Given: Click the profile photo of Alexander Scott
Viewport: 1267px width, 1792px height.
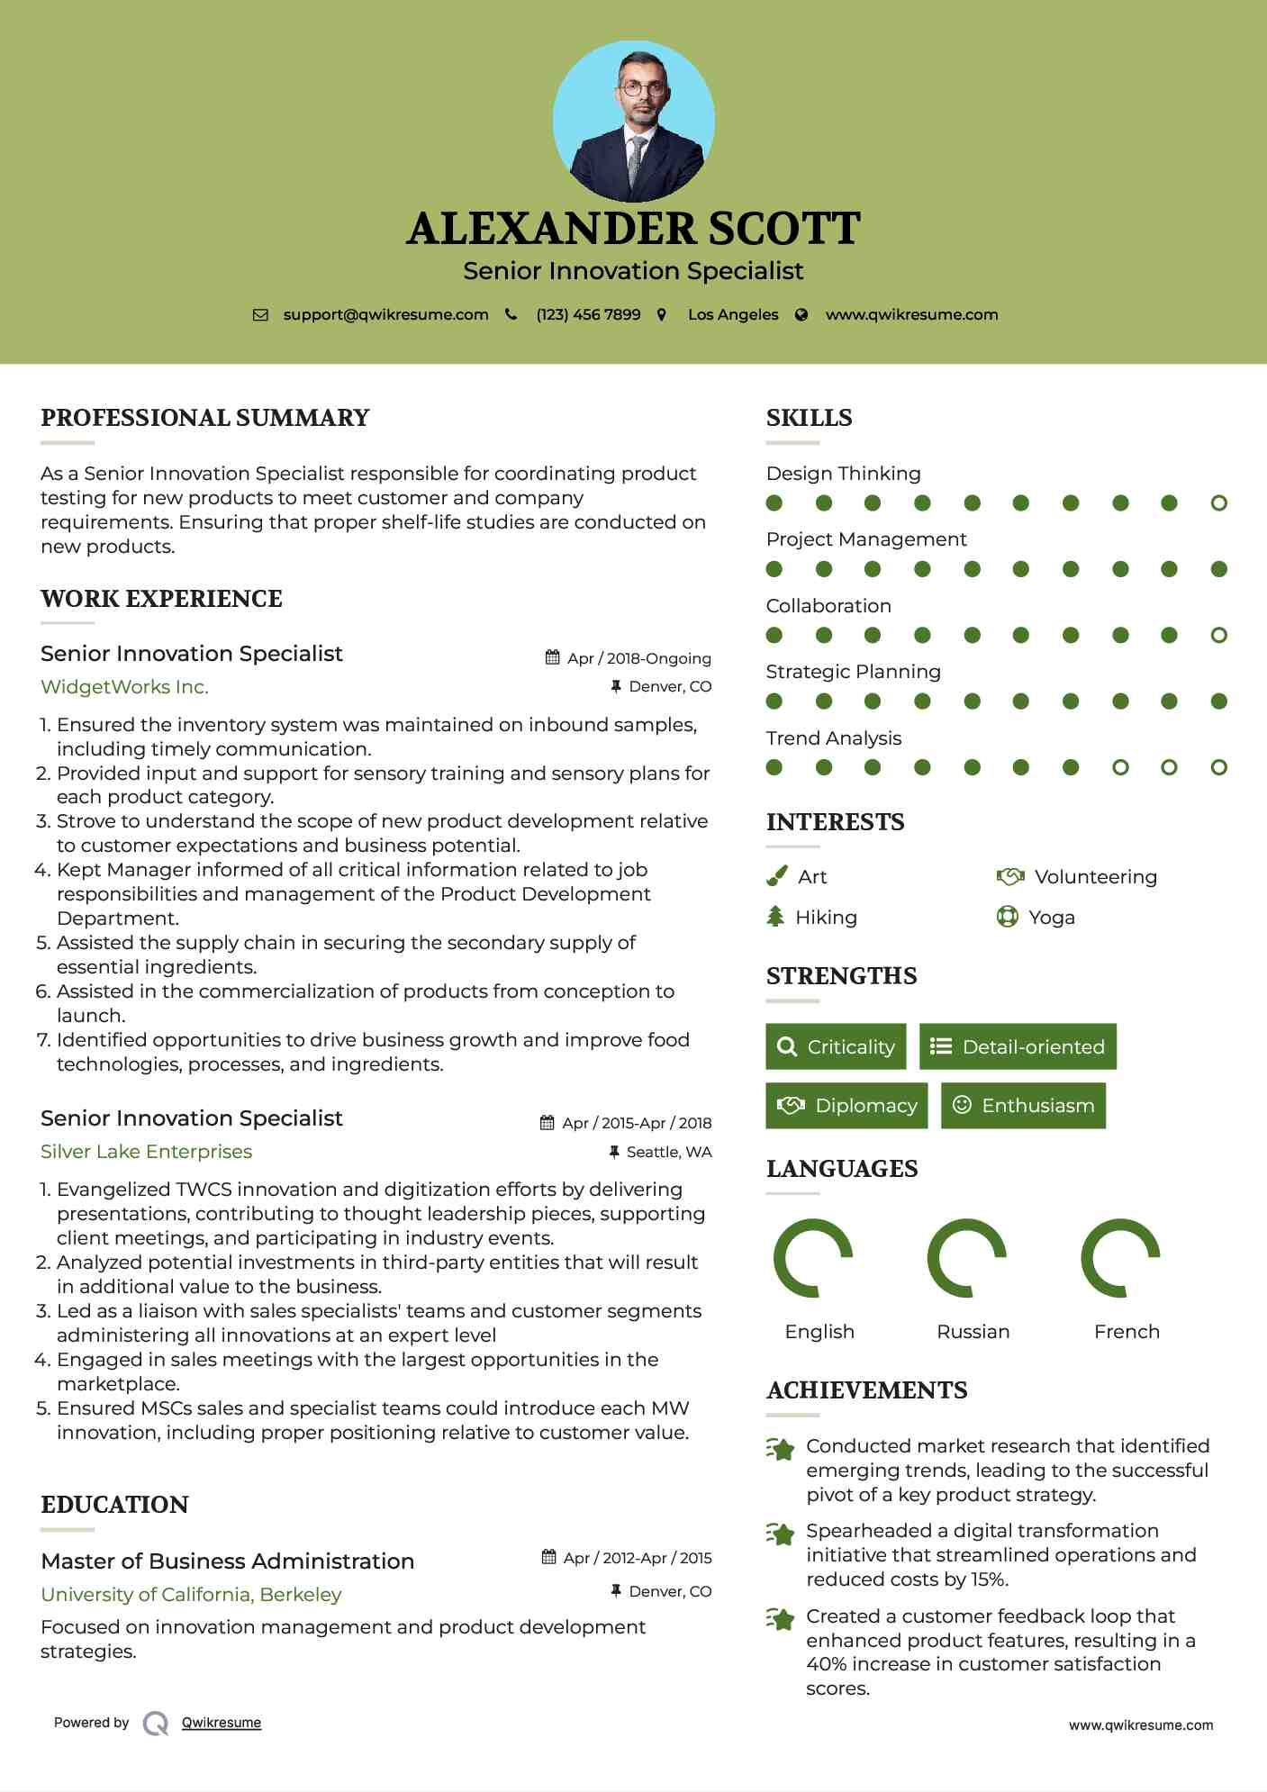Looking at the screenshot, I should click(x=633, y=121).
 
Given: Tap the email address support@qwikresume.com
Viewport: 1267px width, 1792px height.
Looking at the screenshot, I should click(x=385, y=315).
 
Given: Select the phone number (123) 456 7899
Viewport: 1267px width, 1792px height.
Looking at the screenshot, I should click(x=588, y=315).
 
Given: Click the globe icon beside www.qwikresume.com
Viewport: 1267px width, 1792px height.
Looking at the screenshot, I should click(x=801, y=315).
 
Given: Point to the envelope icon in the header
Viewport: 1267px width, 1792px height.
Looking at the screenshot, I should click(x=260, y=315).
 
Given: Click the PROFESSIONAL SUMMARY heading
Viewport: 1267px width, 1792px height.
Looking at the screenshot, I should click(x=205, y=418).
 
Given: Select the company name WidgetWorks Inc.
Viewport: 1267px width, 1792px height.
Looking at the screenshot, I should click(x=124, y=687).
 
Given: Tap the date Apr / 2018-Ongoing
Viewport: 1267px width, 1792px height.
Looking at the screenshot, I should click(x=638, y=658).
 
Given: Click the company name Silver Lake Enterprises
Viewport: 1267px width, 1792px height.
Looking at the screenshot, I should click(x=146, y=1152).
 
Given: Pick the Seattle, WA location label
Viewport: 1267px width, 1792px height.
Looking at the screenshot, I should click(x=668, y=1152).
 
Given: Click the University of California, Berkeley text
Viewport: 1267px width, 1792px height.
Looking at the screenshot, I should click(x=191, y=1595).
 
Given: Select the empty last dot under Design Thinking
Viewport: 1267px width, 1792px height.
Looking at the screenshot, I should click(x=1218, y=503).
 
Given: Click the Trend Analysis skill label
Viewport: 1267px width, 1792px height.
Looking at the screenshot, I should click(x=833, y=738).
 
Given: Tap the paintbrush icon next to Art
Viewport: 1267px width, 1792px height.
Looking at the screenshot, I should click(x=776, y=876).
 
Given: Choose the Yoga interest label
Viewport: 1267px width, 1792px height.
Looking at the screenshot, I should click(x=1051, y=918).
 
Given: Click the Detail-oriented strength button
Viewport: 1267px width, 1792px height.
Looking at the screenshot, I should click(x=1018, y=1046).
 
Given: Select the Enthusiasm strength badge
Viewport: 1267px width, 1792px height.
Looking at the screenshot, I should click(x=1023, y=1106).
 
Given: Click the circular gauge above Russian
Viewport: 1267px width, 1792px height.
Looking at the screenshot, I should click(x=967, y=1258).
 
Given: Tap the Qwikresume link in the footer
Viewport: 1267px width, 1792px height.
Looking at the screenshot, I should click(x=222, y=1723).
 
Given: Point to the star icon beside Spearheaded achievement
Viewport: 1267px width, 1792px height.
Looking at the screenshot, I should click(x=781, y=1534).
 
